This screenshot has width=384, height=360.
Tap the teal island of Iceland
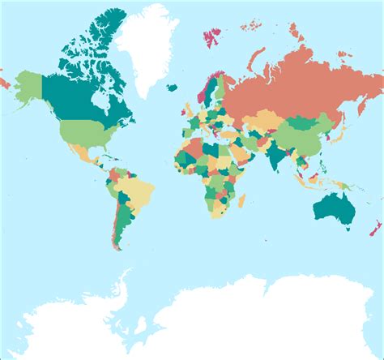click(172, 88)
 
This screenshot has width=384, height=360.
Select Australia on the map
click(332, 203)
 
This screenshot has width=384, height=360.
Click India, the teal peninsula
click(278, 154)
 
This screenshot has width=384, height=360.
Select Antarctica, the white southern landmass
click(243, 316)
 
